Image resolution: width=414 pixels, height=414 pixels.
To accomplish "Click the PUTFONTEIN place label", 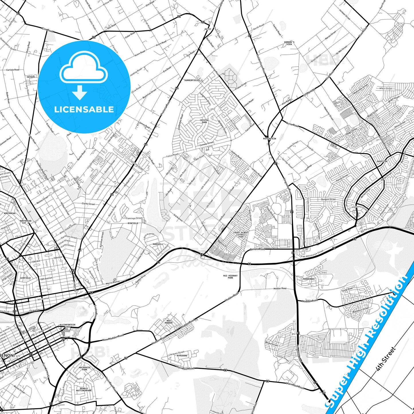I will (x=269, y=139).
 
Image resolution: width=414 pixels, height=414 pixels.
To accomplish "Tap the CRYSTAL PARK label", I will (x=204, y=121).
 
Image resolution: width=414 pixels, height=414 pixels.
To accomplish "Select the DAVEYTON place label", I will (x=382, y=161).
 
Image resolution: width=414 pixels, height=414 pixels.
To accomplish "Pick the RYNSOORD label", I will (x=182, y=356).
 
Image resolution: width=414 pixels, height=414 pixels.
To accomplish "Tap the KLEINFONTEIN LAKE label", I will (x=67, y=326).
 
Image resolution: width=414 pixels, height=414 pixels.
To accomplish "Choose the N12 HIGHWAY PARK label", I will (x=230, y=276).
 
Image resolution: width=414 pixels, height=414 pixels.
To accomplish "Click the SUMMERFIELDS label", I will (x=192, y=80).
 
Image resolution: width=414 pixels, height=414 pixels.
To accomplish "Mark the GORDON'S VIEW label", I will (x=289, y=43).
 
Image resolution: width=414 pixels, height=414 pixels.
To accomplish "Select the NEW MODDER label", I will (x=169, y=321).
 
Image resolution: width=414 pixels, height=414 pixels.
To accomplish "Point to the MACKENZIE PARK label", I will (x=85, y=368).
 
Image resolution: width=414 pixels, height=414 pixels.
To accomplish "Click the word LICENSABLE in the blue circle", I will (x=84, y=109).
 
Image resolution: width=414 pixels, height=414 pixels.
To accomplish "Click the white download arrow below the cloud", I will (x=80, y=93).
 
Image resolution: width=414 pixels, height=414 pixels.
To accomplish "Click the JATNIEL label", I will (x=31, y=77).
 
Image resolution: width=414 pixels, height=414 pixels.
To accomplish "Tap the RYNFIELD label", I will (x=133, y=223).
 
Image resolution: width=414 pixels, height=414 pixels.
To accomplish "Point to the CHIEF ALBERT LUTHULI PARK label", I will (x=241, y=234).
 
